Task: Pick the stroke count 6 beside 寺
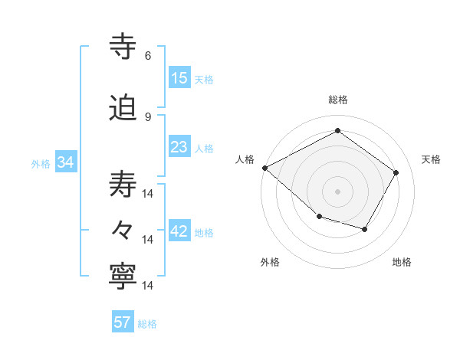click(x=148, y=56)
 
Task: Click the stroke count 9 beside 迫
click(x=148, y=116)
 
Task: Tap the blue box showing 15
click(x=179, y=78)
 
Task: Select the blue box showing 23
click(x=179, y=147)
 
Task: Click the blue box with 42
click(x=179, y=232)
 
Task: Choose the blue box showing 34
click(x=66, y=162)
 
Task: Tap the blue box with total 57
click(x=123, y=322)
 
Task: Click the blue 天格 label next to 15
click(x=204, y=80)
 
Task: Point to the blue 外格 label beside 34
click(x=41, y=164)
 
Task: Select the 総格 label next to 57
click(x=147, y=324)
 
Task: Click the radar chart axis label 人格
click(x=245, y=159)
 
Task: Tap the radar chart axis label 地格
click(x=402, y=263)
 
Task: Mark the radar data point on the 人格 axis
click(x=264, y=168)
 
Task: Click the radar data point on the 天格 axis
click(x=396, y=173)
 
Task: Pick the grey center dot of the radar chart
click(x=337, y=191)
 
